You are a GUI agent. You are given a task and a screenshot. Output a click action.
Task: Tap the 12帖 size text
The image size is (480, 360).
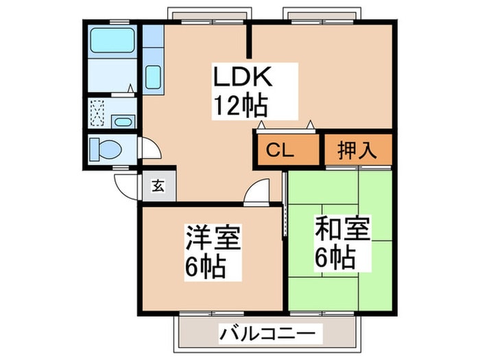click(x=239, y=106)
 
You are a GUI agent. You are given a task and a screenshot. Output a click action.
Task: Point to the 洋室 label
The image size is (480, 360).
click(x=213, y=240)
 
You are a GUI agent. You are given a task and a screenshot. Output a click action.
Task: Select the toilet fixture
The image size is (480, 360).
click(x=109, y=148)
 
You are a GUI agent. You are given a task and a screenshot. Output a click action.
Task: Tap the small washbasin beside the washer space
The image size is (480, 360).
click(x=123, y=122)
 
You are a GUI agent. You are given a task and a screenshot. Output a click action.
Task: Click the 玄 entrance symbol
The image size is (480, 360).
click(x=158, y=184)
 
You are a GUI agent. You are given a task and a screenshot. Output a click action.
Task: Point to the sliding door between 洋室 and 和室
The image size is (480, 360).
click(x=284, y=206)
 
